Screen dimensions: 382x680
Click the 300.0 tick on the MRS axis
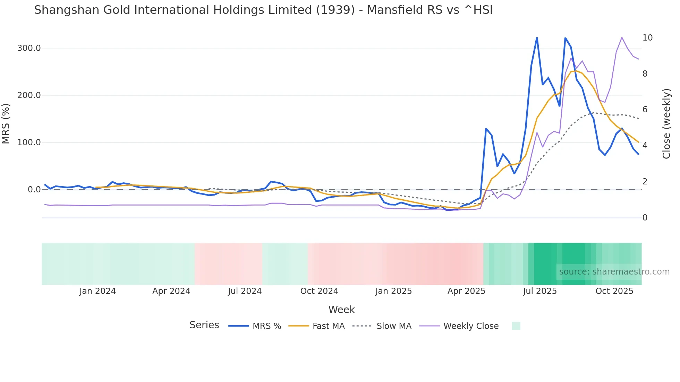tap(29, 48)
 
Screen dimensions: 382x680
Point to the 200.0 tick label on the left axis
tap(29, 95)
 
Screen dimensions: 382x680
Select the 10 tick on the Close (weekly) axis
tap(647, 38)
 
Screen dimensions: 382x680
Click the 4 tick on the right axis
tap(645, 146)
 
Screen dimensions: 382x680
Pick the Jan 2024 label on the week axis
tap(97, 291)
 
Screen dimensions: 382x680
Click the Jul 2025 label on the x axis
tap(540, 291)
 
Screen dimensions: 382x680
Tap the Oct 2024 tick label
tap(319, 291)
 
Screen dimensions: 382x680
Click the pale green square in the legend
tap(516, 326)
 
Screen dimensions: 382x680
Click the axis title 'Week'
tap(341, 310)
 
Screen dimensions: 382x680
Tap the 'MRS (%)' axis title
tap(6, 123)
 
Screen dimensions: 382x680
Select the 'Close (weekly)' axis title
tap(666, 124)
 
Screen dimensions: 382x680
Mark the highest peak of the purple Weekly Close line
tap(622, 37)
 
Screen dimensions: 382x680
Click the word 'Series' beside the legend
tap(204, 325)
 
